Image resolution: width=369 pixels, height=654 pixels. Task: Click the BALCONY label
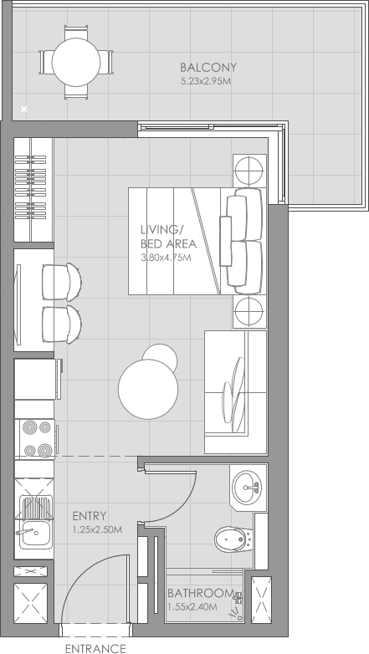pyautogui.click(x=208, y=68)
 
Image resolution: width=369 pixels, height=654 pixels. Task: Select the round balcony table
pyautogui.click(x=76, y=61)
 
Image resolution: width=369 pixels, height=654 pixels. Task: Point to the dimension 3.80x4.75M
pyautogui.click(x=166, y=258)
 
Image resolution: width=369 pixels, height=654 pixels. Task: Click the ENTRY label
pyautogui.click(x=89, y=516)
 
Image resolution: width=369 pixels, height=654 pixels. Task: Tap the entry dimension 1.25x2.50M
pyautogui.click(x=97, y=529)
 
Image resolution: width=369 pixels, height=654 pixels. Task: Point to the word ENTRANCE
pyautogui.click(x=95, y=647)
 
